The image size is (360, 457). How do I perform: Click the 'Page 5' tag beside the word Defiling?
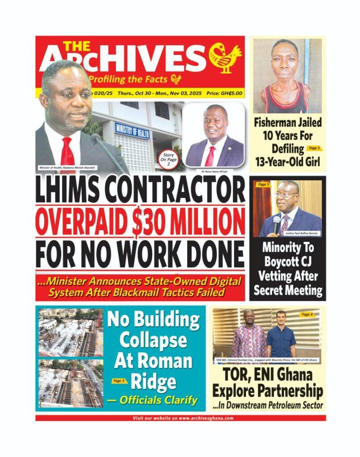click(314, 148)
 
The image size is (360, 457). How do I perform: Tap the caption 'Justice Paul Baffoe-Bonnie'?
click(302, 233)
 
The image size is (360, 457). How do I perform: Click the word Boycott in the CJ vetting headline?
click(288, 262)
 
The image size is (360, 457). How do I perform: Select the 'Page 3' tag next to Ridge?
click(117, 381)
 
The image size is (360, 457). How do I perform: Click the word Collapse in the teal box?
click(153, 340)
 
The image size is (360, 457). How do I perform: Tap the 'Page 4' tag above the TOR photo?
click(307, 315)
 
